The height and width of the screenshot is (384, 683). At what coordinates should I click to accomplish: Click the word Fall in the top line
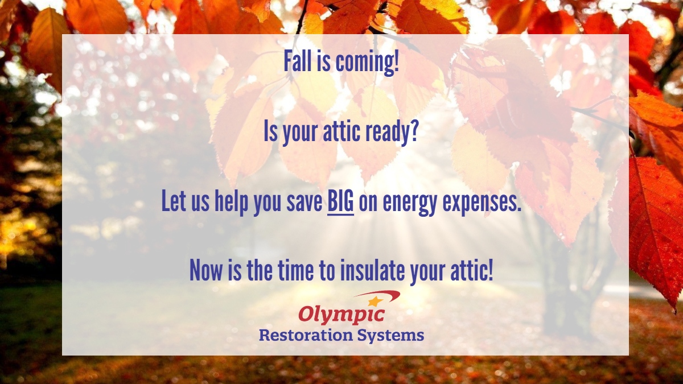(296, 63)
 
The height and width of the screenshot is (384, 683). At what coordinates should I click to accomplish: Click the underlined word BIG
(340, 202)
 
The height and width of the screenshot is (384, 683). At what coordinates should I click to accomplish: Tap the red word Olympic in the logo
(341, 315)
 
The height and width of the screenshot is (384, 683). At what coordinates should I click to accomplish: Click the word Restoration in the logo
(306, 335)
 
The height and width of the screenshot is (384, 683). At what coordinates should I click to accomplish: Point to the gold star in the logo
(374, 301)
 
